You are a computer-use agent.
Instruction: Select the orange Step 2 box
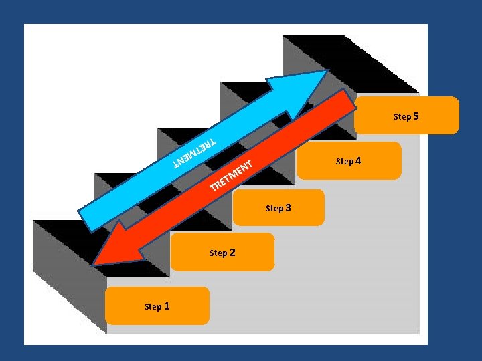point(222,252)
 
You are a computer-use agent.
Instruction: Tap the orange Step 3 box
point(278,207)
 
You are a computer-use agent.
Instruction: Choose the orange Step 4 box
point(349,161)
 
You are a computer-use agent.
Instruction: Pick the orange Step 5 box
point(406,116)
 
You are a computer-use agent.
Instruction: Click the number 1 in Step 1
point(167,306)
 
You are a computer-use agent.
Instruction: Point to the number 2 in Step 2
point(232,252)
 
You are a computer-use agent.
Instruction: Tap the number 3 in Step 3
point(288,207)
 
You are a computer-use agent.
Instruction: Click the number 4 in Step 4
point(358,161)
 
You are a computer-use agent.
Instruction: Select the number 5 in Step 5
point(416,116)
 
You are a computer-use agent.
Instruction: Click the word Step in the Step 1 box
point(153,307)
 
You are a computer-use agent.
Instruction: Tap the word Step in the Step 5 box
point(402,117)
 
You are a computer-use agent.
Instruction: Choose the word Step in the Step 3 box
point(274,208)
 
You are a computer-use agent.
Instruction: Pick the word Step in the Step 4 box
point(345,162)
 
